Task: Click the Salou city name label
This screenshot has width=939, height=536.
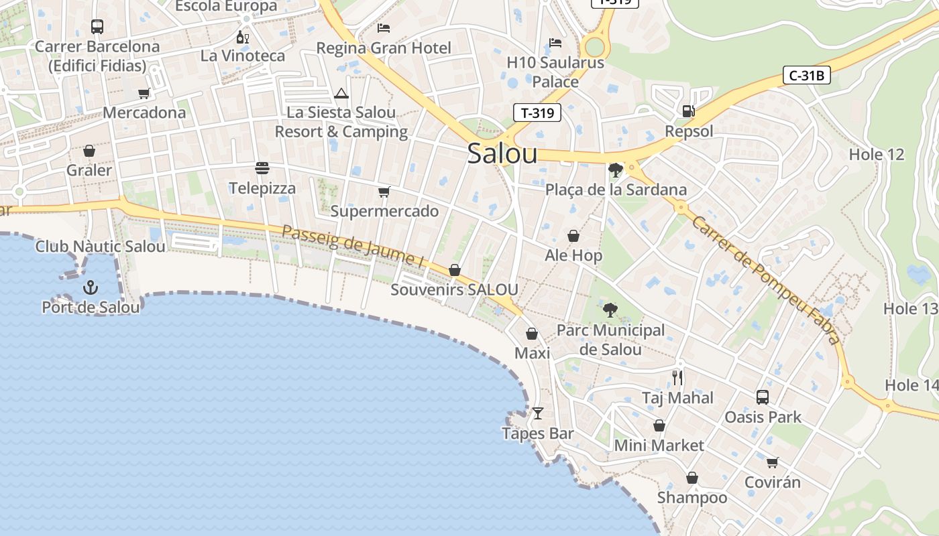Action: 502,153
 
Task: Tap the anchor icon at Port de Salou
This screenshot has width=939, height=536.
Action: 90,287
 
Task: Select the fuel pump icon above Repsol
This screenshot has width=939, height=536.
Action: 688,111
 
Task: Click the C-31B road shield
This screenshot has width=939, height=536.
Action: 806,75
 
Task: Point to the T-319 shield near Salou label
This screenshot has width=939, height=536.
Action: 537,113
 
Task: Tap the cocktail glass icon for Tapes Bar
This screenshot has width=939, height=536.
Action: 537,413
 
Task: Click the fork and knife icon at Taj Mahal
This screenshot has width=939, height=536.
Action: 677,378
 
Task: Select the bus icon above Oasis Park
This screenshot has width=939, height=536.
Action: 763,397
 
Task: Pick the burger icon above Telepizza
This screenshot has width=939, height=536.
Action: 262,167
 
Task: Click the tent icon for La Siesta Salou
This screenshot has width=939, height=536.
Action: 341,93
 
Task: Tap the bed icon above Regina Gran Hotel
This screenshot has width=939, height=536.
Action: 384,27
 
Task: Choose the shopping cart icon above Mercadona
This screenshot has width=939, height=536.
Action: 144,93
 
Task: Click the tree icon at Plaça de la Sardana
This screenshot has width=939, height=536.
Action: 615,170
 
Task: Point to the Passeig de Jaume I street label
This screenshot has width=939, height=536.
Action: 353,246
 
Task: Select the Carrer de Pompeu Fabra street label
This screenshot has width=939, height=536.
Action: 765,279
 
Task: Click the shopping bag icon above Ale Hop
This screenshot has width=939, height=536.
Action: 573,236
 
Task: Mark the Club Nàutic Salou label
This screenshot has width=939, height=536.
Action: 100,247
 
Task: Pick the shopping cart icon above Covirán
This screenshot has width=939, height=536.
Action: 772,462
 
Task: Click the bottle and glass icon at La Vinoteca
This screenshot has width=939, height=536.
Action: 243,37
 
